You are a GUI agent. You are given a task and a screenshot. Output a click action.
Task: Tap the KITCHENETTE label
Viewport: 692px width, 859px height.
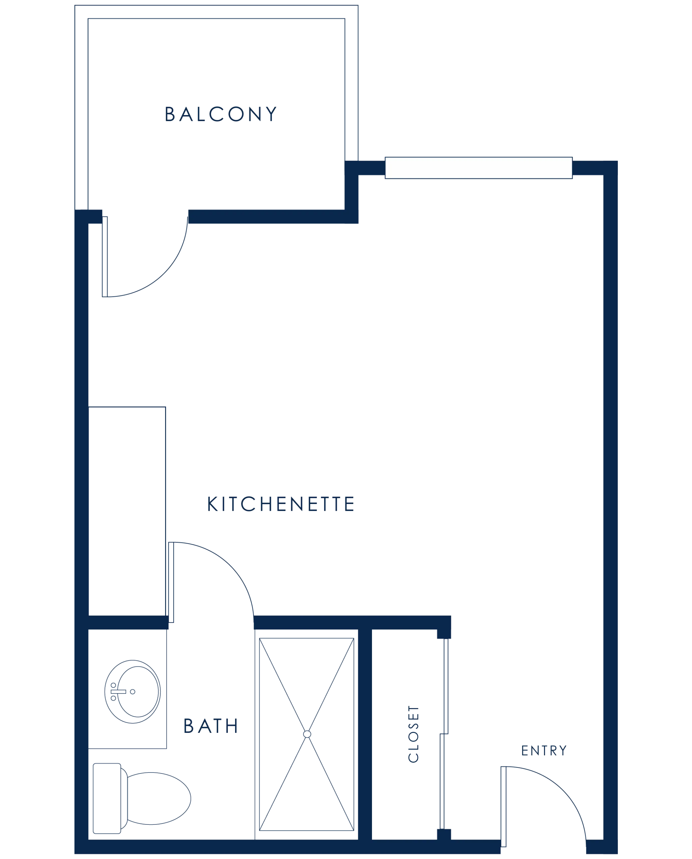[x=281, y=504]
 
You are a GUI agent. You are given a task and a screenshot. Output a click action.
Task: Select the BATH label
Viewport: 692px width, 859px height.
[x=211, y=726]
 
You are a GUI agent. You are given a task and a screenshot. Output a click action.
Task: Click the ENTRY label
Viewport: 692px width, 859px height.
[x=544, y=751]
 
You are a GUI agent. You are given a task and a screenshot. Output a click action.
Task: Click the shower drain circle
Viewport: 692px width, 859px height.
[x=307, y=734]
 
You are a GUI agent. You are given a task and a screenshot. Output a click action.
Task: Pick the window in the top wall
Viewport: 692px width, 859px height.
[x=479, y=168]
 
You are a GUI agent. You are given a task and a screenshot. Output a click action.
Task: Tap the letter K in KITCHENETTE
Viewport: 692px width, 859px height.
[x=212, y=504]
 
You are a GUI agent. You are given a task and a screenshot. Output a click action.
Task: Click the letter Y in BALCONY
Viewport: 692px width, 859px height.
[x=271, y=114]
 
